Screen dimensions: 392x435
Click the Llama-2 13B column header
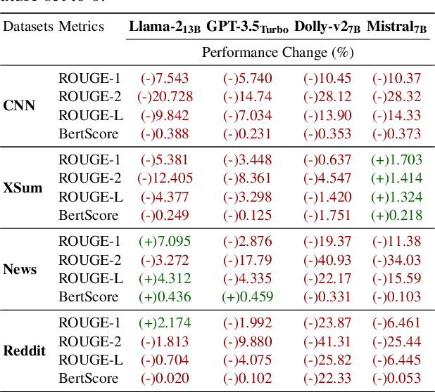[165, 27]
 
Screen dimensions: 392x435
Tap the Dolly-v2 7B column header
[327, 27]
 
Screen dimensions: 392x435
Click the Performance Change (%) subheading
[275, 52]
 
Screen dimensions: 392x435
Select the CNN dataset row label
[19, 106]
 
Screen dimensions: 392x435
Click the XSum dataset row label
[22, 188]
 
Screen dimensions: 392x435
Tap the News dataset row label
[20, 269]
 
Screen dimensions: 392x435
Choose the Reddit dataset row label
[24, 351]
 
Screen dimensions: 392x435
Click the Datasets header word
[27, 27]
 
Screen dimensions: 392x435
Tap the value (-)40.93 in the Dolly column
[327, 260]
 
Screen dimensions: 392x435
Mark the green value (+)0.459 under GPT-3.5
[248, 296]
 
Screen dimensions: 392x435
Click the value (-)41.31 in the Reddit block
[327, 341]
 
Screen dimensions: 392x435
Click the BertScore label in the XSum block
[88, 215]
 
